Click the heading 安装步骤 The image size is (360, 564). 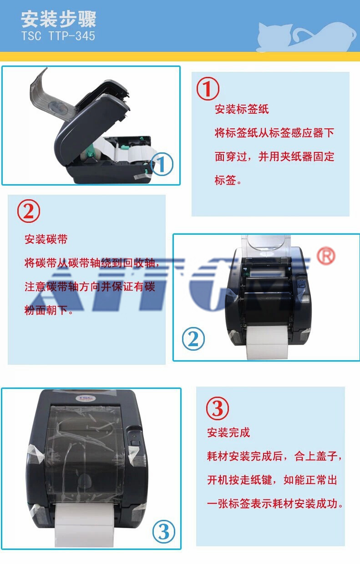coord(58,19)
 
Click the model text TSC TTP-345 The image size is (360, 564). coord(58,36)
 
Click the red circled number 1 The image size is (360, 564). coord(208,89)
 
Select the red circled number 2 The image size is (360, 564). coord(29,211)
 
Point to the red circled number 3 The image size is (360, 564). coord(218,408)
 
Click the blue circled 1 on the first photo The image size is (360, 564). coord(162,164)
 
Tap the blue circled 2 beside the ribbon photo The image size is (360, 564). coord(193,339)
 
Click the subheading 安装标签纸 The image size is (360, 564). coord(242,109)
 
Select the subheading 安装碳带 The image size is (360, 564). coord(46,239)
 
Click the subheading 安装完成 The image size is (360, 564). coord(228,433)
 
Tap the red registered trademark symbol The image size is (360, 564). coord(326,256)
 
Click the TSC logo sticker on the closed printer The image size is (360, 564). coord(85,398)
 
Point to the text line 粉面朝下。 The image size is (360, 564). coord(49,310)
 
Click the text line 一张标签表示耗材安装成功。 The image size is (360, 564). coord(275,504)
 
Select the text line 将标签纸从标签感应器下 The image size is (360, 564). coord(274,133)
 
